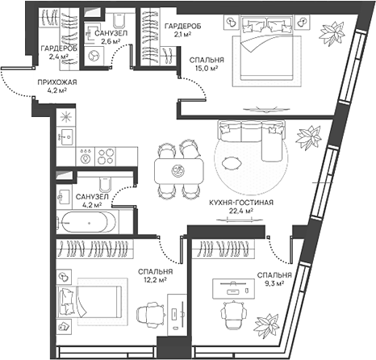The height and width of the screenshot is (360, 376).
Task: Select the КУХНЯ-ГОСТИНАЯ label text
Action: (x=239, y=202)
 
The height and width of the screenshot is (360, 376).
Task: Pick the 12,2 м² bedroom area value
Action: (x=154, y=281)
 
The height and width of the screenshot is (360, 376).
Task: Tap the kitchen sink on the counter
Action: (x=66, y=136)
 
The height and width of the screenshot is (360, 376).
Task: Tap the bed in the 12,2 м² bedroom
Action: (x=90, y=306)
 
